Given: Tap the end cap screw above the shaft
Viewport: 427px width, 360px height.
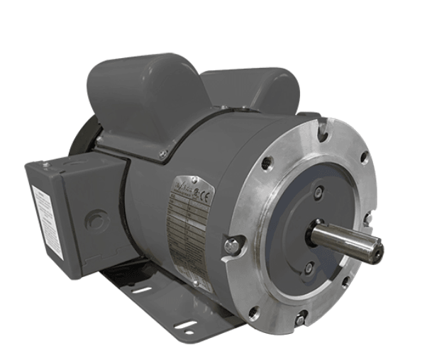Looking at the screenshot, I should (x=318, y=192).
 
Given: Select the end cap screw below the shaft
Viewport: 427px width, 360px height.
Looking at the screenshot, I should (x=309, y=267).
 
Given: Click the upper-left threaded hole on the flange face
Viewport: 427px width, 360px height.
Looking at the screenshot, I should (x=267, y=164).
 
